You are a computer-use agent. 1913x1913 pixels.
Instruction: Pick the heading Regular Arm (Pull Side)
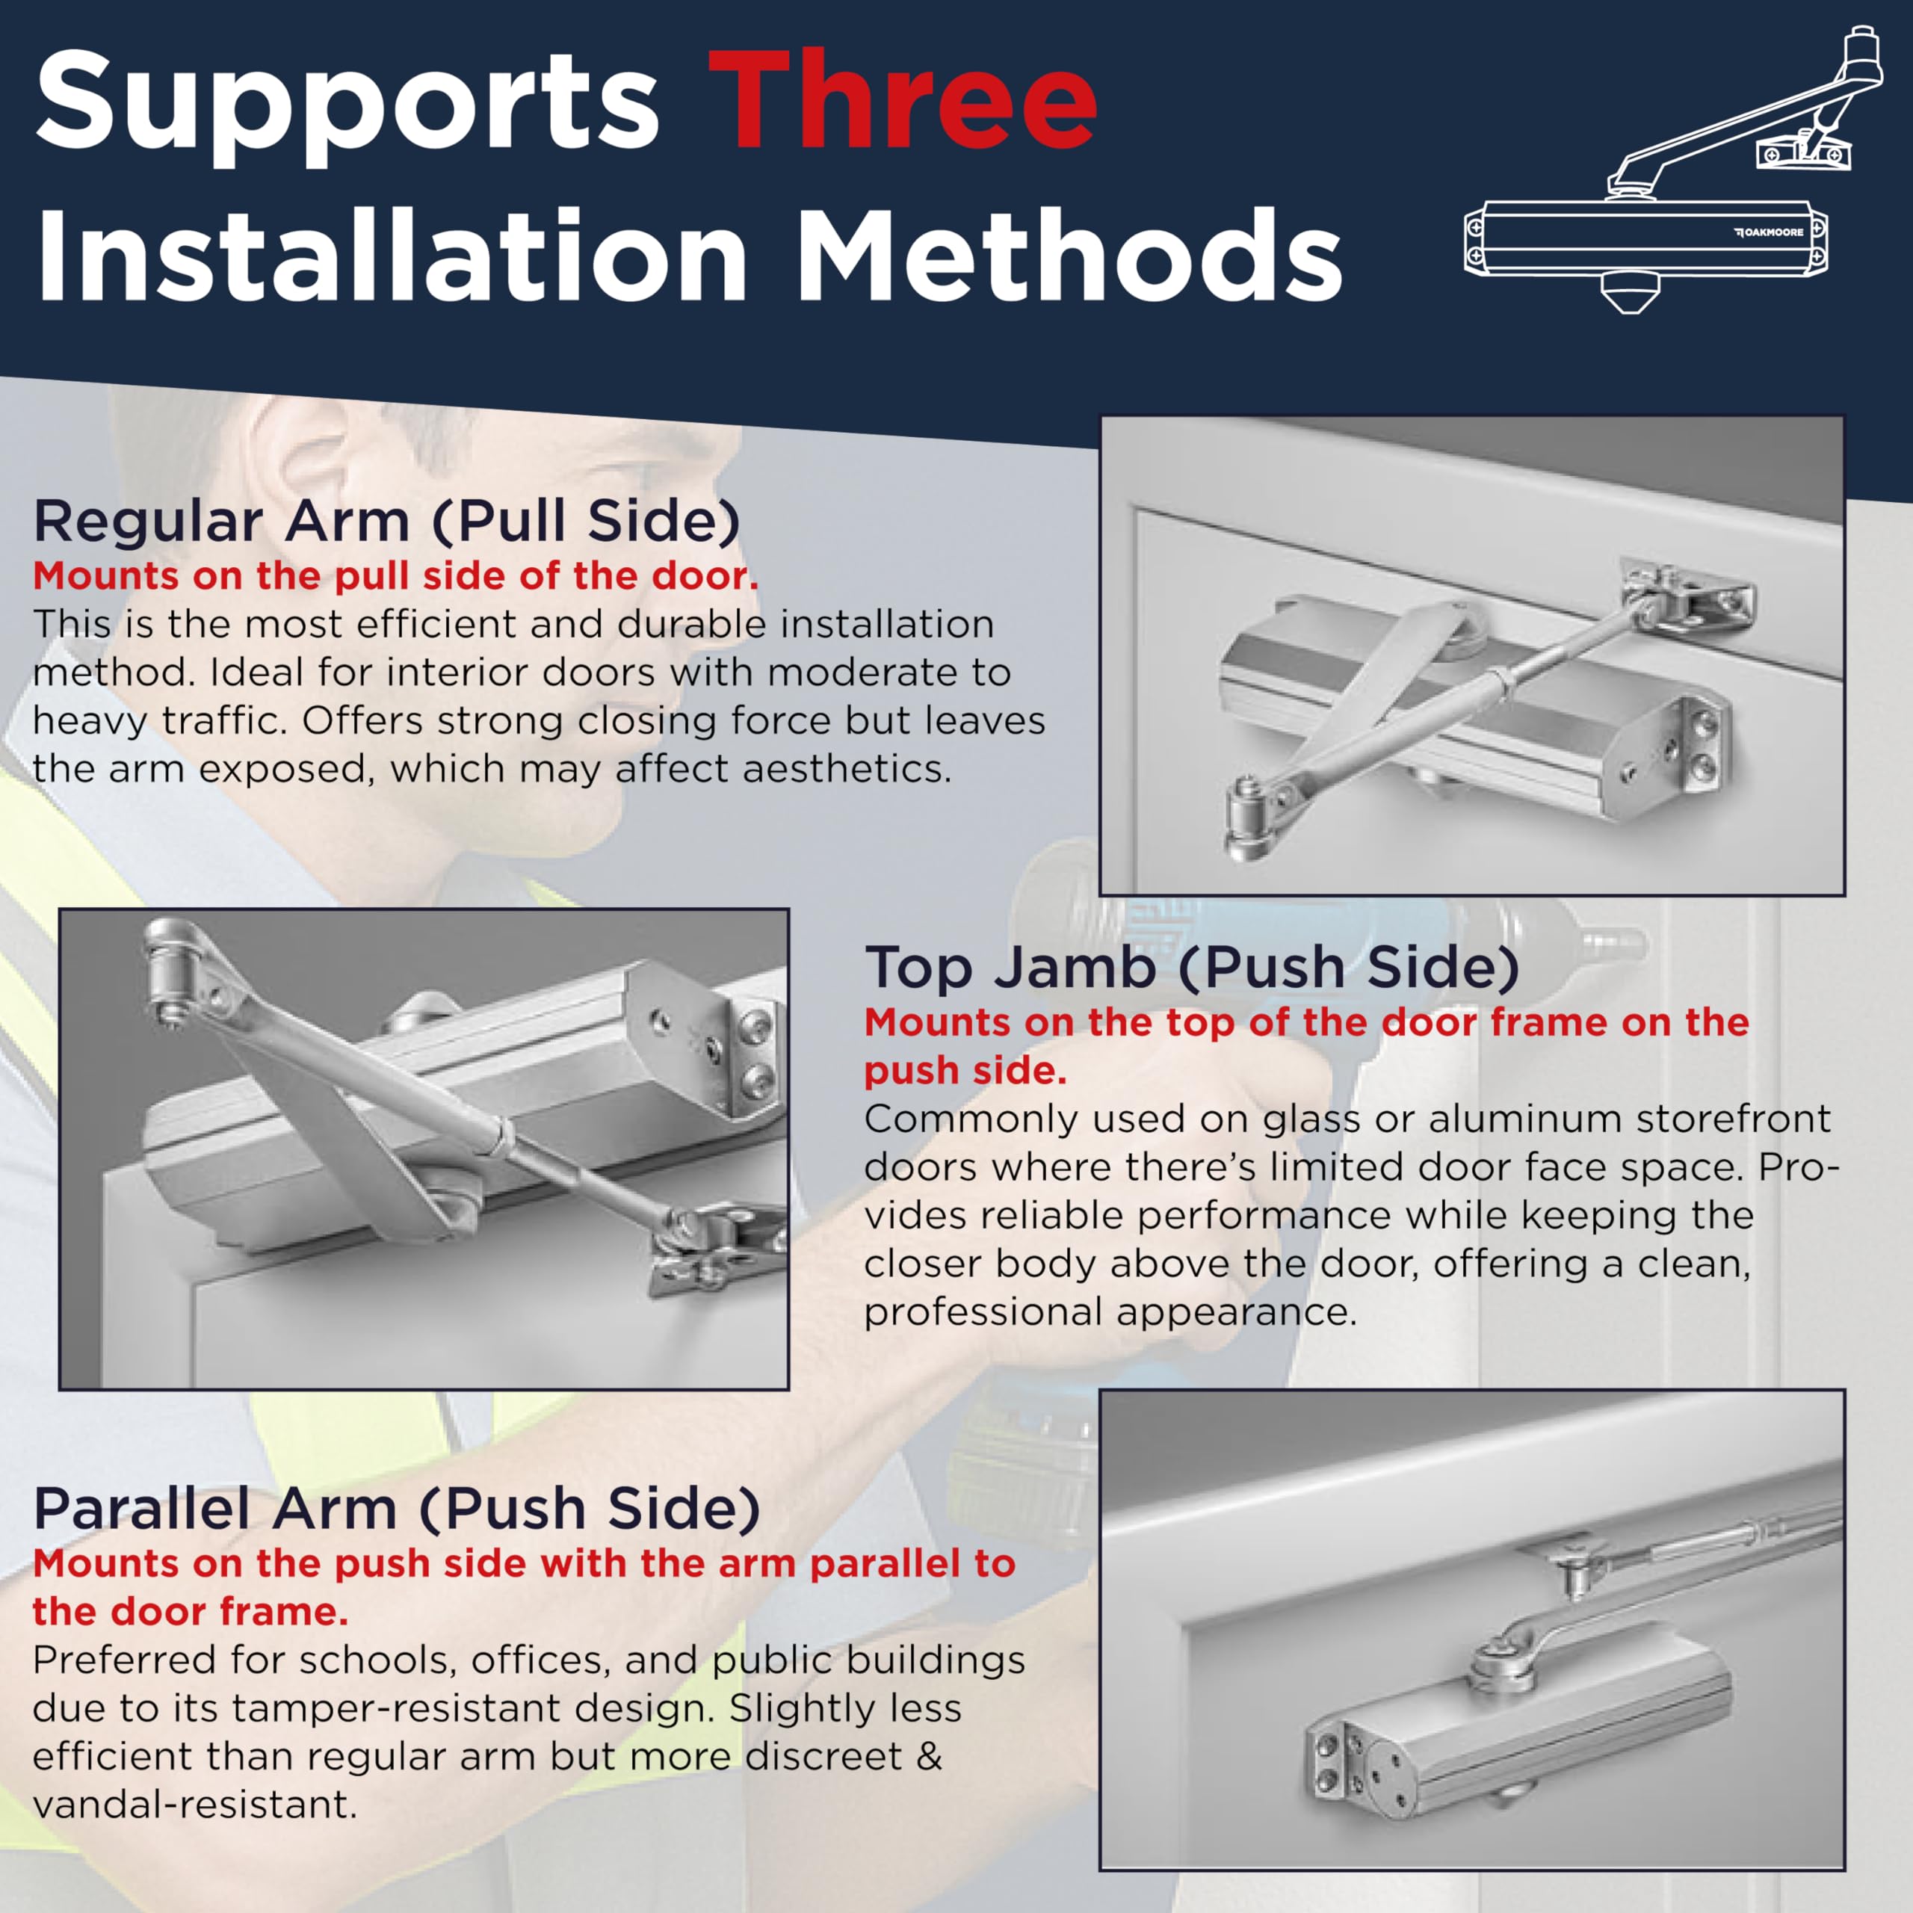[x=387, y=522]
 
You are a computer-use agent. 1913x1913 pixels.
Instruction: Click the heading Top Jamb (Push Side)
[x=1192, y=968]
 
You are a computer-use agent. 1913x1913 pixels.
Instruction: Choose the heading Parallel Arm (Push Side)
[x=397, y=1509]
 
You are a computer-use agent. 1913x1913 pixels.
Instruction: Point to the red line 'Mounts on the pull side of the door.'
[x=396, y=575]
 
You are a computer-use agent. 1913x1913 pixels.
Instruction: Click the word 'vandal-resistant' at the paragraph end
[x=194, y=1804]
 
